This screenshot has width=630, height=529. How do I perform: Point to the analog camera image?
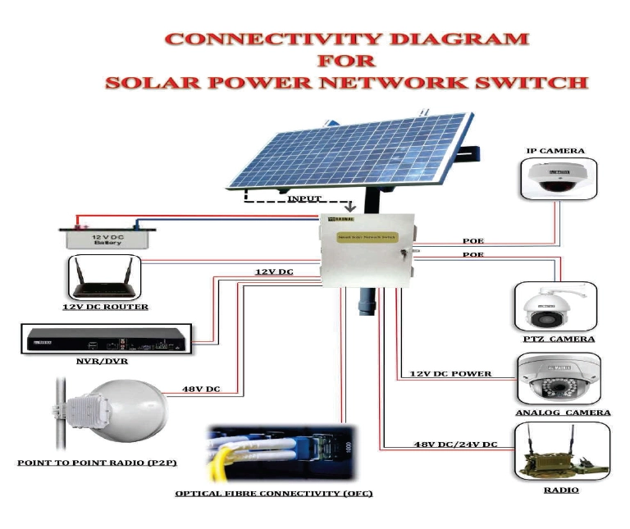click(561, 380)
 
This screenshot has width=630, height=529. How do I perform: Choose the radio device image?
click(561, 451)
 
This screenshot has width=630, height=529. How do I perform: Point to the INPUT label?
click(304, 199)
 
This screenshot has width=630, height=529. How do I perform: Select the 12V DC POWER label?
click(450, 374)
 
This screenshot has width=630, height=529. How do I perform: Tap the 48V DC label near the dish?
click(201, 389)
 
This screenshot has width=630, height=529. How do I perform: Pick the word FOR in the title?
click(346, 60)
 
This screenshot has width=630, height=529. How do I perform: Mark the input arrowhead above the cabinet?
click(350, 207)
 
